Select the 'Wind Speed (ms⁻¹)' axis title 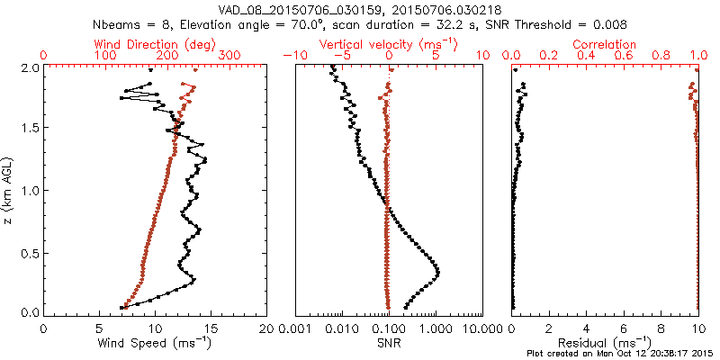tap(156, 343)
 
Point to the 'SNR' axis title tap(388, 343)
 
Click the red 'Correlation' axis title tap(605, 44)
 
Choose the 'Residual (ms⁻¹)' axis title tap(605, 343)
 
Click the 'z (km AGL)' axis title tap(10, 189)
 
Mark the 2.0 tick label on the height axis tap(29, 67)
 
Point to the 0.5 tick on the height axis tap(29, 252)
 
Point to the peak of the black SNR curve tap(438, 272)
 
